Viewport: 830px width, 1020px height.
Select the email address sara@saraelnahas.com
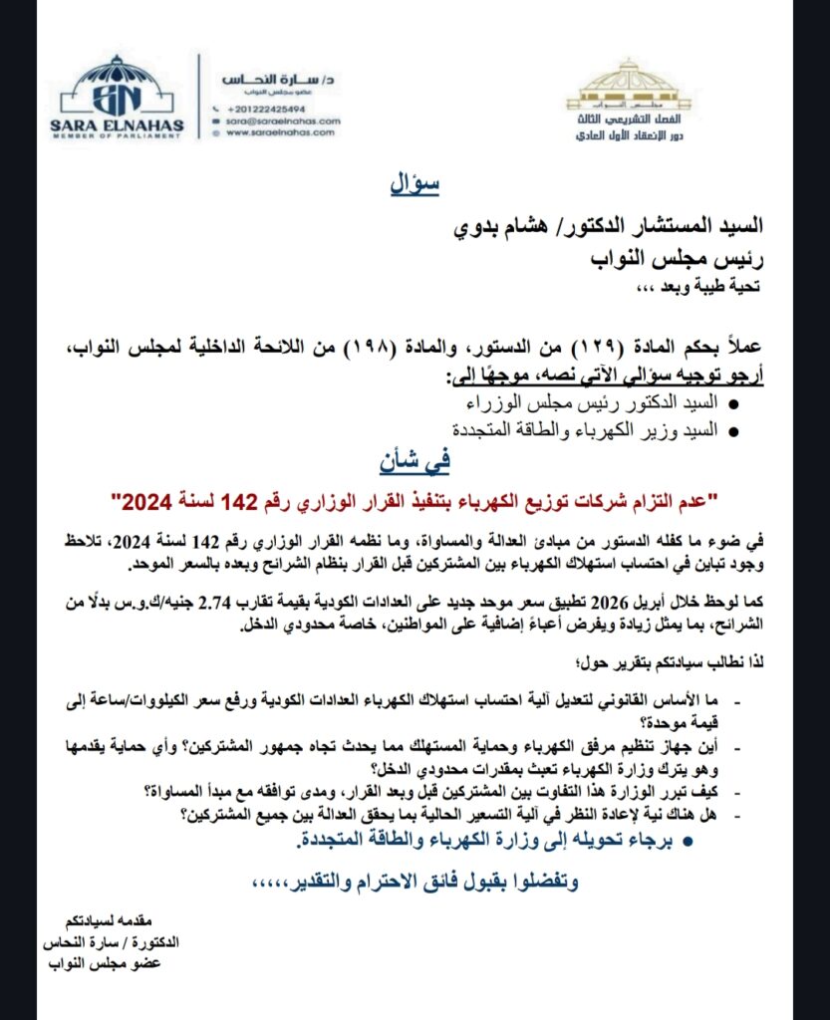[282, 120]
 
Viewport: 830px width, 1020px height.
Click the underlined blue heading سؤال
[412, 186]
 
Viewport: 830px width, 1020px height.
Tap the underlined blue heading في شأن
[412, 461]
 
